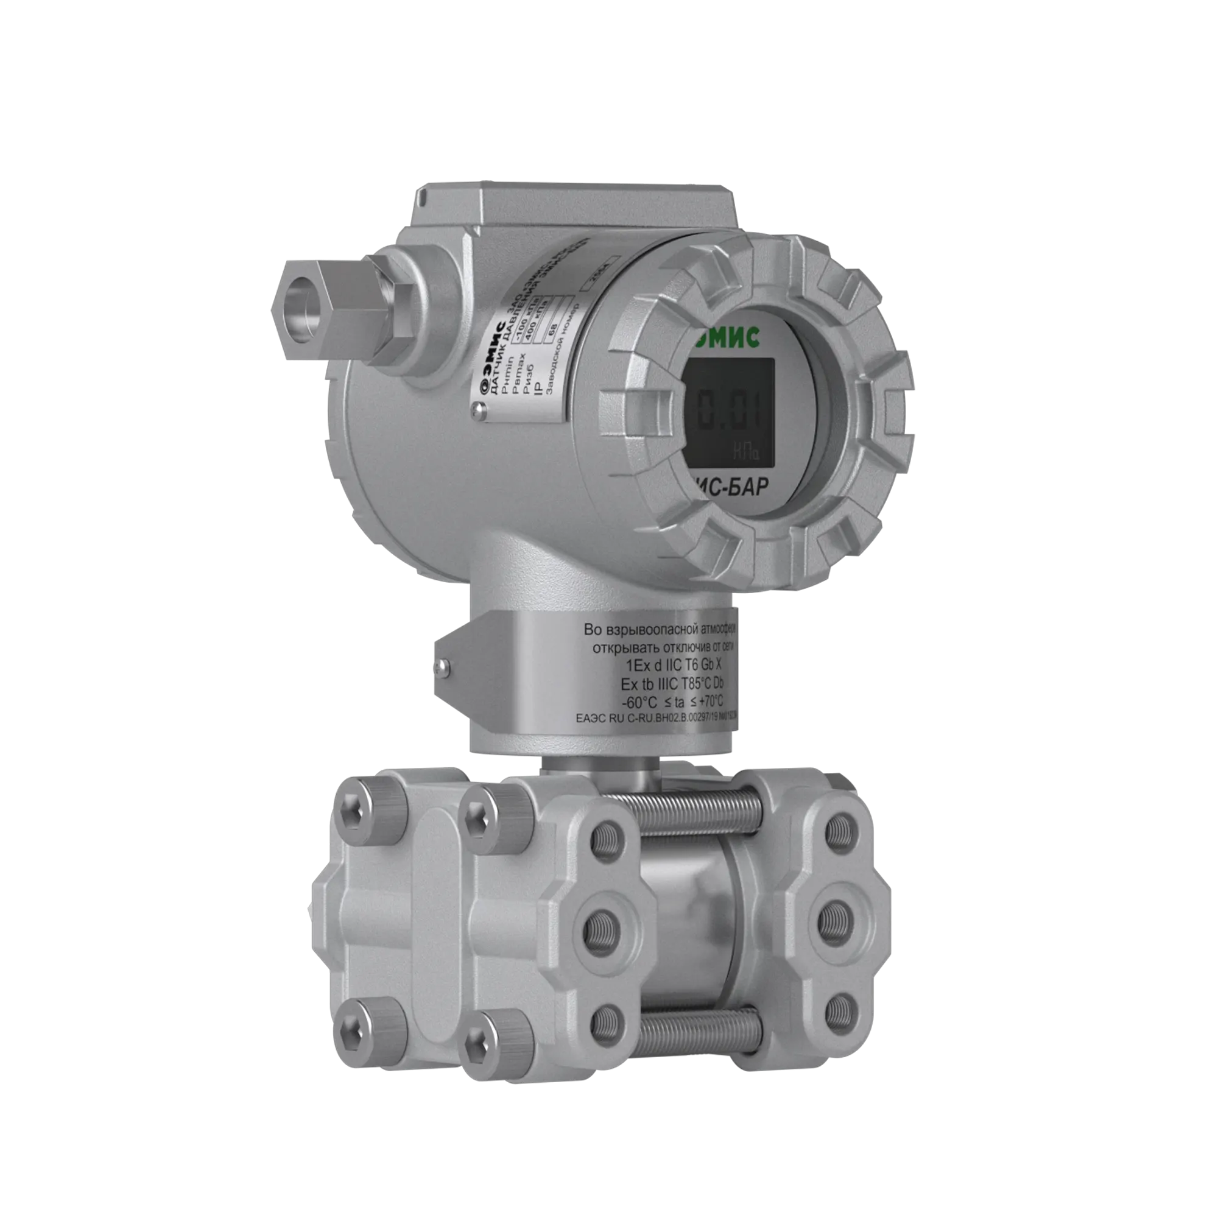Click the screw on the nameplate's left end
(480, 412)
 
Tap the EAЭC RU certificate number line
(656, 717)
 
